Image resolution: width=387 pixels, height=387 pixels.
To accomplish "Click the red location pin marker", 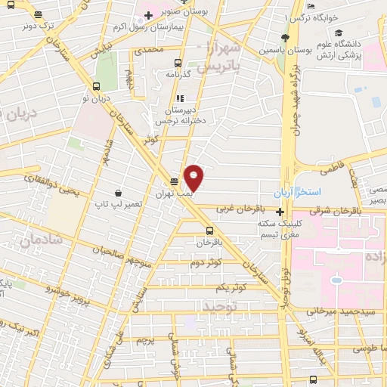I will pyautogui.click(x=194, y=178).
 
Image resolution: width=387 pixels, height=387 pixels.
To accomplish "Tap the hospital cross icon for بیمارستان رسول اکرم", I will pyautogui.click(x=149, y=15).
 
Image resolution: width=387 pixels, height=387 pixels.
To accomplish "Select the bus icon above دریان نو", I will pyautogui.click(x=97, y=85).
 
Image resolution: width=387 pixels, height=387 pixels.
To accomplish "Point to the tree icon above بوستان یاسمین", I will pyautogui.click(x=285, y=37).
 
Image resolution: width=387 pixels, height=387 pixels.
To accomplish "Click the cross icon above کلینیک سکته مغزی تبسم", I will pyautogui.click(x=280, y=212).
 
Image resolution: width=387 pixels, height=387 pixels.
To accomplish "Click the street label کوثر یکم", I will pyautogui.click(x=232, y=288).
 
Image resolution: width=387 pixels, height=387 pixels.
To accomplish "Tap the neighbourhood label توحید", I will pyautogui.click(x=220, y=306).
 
